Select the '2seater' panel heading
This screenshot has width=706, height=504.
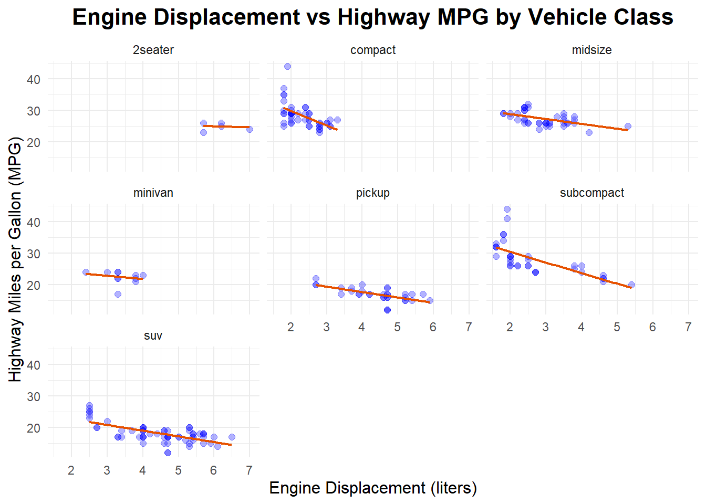point(153,50)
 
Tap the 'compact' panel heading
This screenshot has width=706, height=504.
point(373,50)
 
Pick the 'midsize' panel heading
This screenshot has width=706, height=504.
point(591,50)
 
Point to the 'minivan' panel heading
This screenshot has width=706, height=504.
point(153,193)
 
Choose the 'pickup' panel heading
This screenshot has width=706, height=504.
point(373,193)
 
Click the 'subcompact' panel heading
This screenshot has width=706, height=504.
point(591,193)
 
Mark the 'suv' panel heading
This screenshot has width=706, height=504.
point(153,335)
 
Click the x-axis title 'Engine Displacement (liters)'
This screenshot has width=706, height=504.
point(373,488)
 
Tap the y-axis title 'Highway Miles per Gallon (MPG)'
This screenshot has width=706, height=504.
point(16,259)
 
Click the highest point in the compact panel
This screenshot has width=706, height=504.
point(287,67)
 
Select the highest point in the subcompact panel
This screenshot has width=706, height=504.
point(507,209)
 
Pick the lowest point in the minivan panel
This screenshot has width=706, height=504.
point(118,294)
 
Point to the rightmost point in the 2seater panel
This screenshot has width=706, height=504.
point(250,129)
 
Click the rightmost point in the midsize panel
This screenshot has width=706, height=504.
point(628,127)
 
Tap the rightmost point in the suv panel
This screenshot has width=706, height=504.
point(232,437)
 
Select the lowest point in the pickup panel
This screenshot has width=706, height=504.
point(387,310)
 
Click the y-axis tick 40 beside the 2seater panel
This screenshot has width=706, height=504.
point(34,79)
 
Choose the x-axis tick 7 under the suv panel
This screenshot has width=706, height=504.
point(250,470)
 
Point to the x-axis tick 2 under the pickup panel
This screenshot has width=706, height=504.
point(290,328)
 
